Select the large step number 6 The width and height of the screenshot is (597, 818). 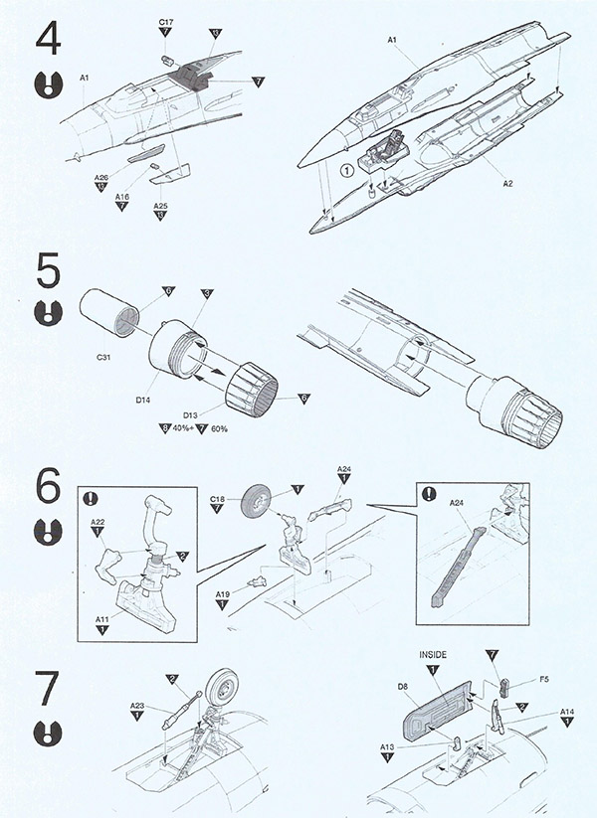(48, 487)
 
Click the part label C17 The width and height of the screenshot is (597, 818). (165, 21)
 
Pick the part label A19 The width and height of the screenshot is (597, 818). (224, 592)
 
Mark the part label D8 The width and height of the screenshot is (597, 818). (403, 686)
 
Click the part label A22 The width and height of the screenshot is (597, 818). (98, 521)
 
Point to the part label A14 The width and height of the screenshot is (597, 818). (567, 711)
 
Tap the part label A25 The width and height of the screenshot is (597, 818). (160, 206)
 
